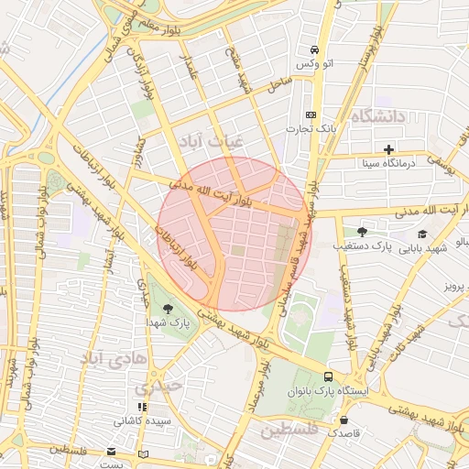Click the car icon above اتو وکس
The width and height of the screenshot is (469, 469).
pyautogui.click(x=314, y=49)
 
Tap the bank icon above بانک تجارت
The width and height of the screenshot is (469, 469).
pyautogui.click(x=311, y=115)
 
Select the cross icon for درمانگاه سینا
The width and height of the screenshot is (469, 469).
pyautogui.click(x=389, y=148)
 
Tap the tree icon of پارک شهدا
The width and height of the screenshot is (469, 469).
pyautogui.click(x=166, y=308)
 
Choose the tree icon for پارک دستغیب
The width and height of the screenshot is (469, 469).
pyautogui.click(x=362, y=232)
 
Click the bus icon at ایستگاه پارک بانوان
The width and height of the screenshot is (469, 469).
pyautogui.click(x=328, y=376)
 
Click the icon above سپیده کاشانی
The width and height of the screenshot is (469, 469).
pyautogui.click(x=141, y=407)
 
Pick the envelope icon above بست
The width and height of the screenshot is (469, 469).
pyautogui.click(x=112, y=453)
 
